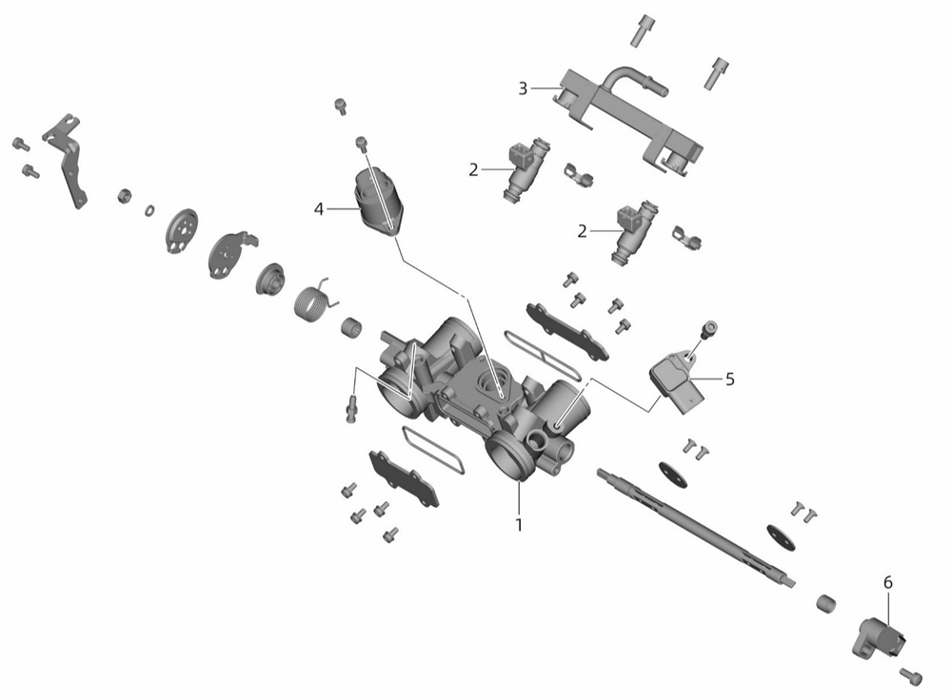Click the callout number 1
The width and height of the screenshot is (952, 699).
pos(519,524)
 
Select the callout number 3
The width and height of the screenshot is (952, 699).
pos(523,88)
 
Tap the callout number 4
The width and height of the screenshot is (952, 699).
pos(319,209)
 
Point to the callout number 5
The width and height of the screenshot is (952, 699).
pos(730,379)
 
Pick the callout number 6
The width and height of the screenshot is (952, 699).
pos(887,583)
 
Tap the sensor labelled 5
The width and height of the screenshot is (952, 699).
pos(677,381)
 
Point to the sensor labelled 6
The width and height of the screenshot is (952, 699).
pos(881,637)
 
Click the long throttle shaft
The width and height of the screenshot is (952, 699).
pos(696,527)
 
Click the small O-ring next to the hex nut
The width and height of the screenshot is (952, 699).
pos(149,210)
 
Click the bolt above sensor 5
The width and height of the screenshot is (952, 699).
pos(709,329)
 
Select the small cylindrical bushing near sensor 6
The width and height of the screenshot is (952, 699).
pos(825,604)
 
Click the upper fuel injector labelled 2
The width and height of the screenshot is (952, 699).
pos(526,169)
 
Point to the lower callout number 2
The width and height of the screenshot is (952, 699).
pos(583,231)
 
